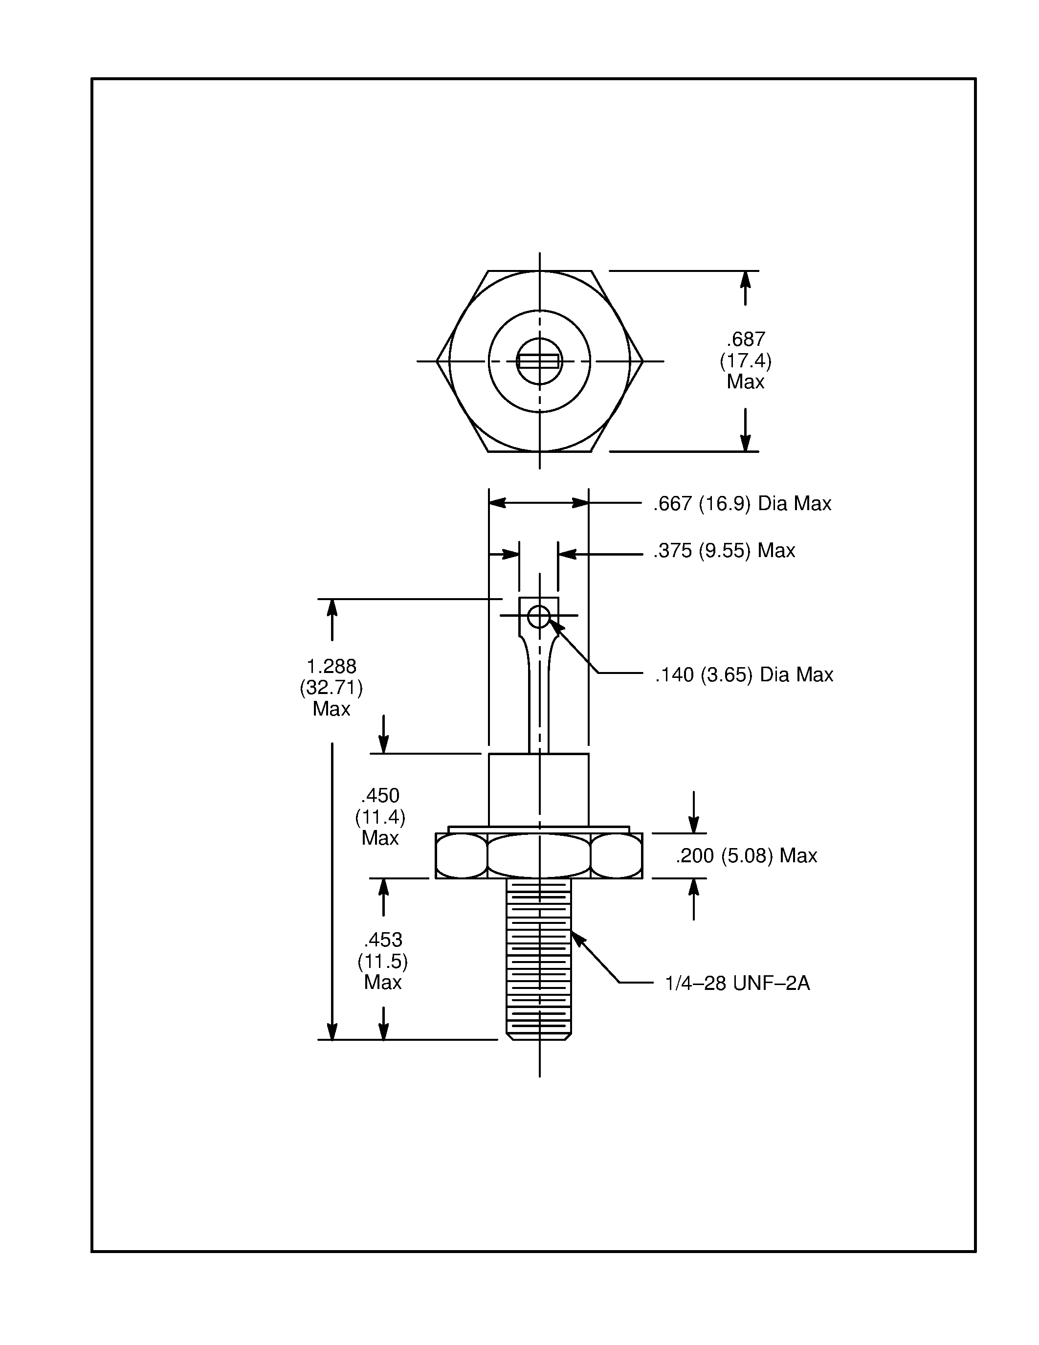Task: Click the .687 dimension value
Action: (x=746, y=339)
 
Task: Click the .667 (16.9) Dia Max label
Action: (x=742, y=504)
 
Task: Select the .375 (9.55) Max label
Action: (x=724, y=551)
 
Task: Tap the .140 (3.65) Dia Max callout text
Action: (x=744, y=675)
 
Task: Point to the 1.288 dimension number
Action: (x=331, y=666)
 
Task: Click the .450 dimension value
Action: (x=380, y=796)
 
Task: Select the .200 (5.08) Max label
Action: (x=746, y=856)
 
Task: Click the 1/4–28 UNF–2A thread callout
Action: (x=737, y=984)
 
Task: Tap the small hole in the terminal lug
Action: (x=539, y=616)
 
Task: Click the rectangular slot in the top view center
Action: (x=539, y=361)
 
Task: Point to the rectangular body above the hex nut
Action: (x=539, y=789)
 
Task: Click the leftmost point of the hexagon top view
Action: (x=438, y=361)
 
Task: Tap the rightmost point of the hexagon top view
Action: (x=642, y=361)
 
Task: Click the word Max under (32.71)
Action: (x=331, y=709)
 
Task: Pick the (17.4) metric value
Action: (x=746, y=360)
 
